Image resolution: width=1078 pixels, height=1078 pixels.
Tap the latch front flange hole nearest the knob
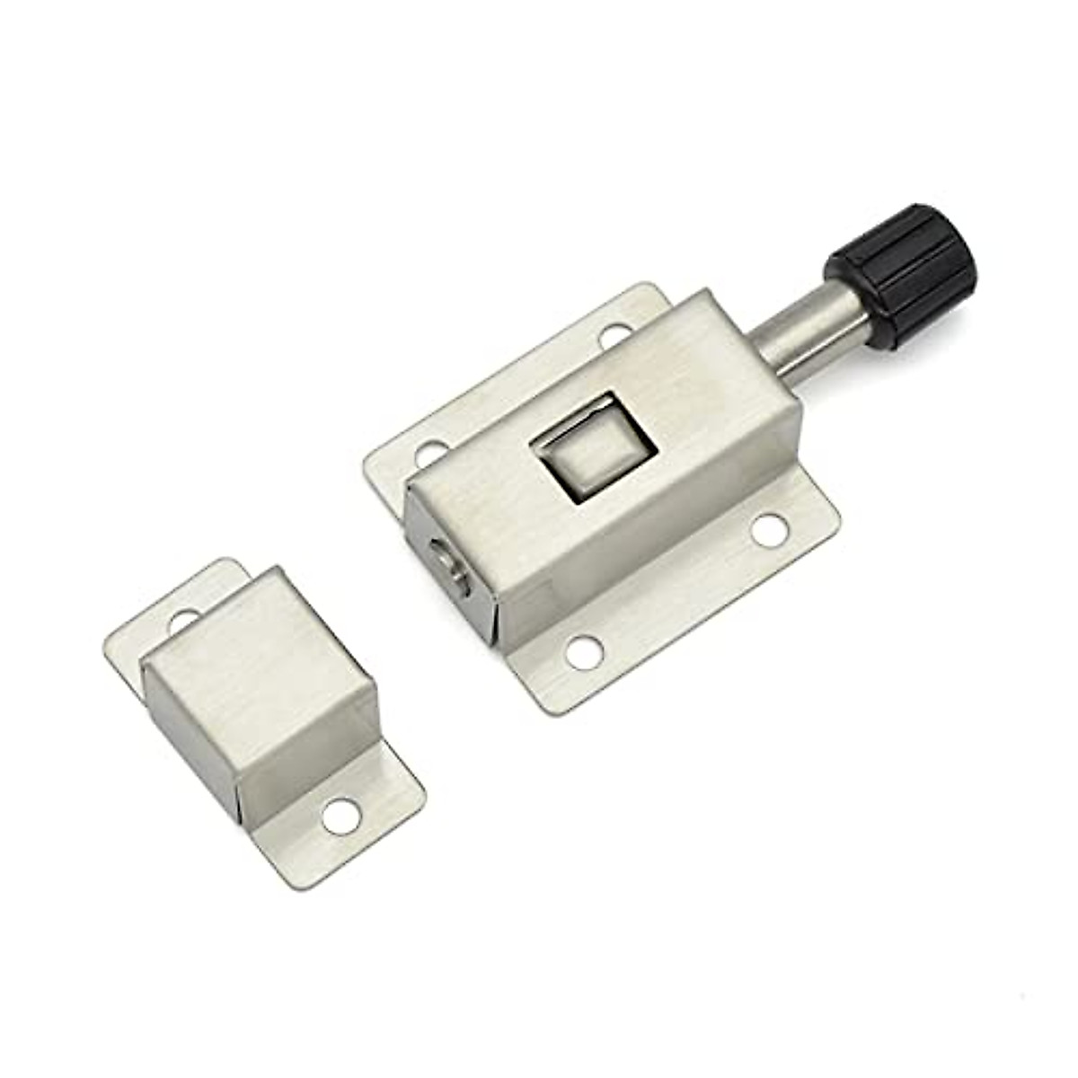[768, 529]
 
